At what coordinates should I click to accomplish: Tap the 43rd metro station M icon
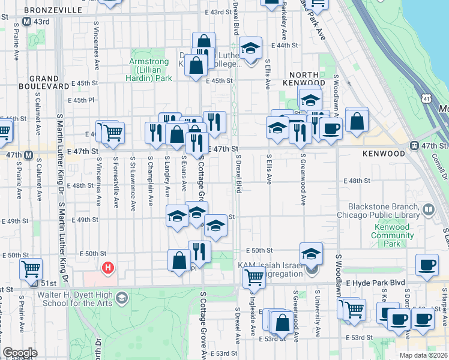26,22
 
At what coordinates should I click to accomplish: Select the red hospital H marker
108,268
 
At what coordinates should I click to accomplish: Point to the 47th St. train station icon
414,146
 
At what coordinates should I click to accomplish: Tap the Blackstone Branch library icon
429,209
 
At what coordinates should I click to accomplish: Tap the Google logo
20,353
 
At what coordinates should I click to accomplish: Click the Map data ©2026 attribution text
423,355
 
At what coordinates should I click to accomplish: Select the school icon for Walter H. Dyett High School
122,298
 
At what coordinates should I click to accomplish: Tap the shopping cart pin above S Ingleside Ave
255,277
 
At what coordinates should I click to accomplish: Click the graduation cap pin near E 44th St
250,48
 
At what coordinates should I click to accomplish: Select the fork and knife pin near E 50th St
199,251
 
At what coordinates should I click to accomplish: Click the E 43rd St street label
217,12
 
